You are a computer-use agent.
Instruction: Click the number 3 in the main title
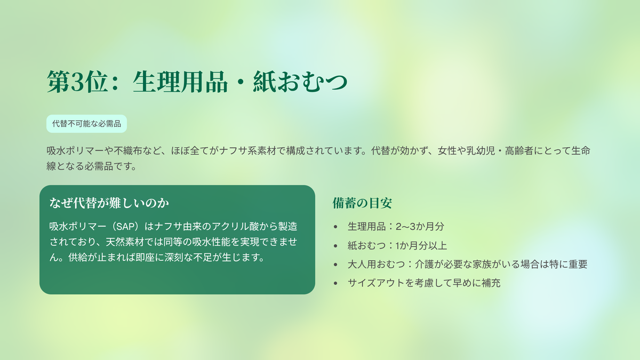[x=77, y=82]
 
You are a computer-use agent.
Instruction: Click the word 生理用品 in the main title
[x=180, y=82]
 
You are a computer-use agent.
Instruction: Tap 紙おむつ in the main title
[x=300, y=82]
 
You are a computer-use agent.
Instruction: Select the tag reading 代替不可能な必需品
[x=86, y=124]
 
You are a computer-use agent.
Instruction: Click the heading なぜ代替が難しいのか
[x=109, y=203]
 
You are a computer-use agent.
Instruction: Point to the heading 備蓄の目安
[x=362, y=203]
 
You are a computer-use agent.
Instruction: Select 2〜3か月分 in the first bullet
[x=420, y=227]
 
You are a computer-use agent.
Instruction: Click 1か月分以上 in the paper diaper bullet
[x=421, y=245]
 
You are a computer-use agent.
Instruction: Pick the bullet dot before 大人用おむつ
[x=335, y=265]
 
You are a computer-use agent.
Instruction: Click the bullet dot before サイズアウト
[x=335, y=283]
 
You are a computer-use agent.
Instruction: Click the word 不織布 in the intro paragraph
[x=128, y=150]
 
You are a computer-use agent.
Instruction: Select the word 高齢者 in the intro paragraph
[x=519, y=150]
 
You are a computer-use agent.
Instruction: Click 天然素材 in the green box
[x=125, y=242]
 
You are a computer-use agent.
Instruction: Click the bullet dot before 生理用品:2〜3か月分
[x=335, y=227]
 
